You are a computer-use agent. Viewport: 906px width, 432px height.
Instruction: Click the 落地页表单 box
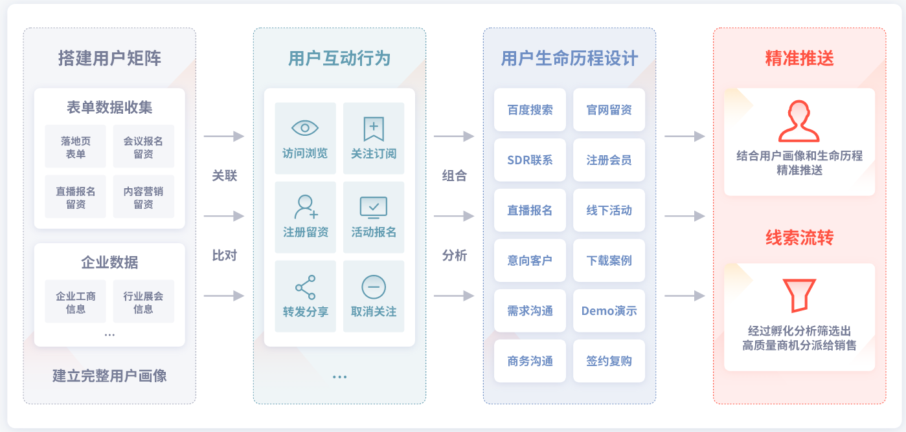coord(76,147)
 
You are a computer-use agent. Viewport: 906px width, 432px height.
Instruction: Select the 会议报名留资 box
coord(143,147)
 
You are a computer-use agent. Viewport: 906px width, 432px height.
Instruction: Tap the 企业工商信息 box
coord(76,302)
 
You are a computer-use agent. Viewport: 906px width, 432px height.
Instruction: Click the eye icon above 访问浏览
coord(305,127)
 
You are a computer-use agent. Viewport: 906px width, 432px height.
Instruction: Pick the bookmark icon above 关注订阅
coord(374,129)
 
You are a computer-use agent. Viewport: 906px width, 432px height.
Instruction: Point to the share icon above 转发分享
coord(305,286)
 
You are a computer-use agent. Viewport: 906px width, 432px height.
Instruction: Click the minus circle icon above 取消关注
coord(374,286)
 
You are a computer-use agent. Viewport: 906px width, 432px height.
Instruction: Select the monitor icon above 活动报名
coord(374,208)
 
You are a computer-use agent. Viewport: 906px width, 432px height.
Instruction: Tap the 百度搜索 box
coord(530,110)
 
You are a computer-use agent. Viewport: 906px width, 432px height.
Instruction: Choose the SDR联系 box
coord(530,160)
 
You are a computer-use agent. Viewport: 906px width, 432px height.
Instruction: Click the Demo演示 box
coord(609,311)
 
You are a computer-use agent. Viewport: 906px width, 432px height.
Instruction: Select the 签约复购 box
coord(609,362)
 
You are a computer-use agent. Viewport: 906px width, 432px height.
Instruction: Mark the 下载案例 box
coord(609,261)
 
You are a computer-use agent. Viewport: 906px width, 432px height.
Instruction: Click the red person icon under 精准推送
coord(799,121)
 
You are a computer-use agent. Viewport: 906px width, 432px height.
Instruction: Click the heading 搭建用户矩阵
coord(109,59)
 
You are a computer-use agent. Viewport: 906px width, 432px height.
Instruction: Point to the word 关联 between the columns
coord(225,175)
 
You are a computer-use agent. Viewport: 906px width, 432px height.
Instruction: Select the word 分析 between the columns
coord(455,255)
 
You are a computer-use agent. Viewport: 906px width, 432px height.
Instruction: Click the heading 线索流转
coord(799,238)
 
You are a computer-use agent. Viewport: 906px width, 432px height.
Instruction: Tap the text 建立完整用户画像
coord(109,376)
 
